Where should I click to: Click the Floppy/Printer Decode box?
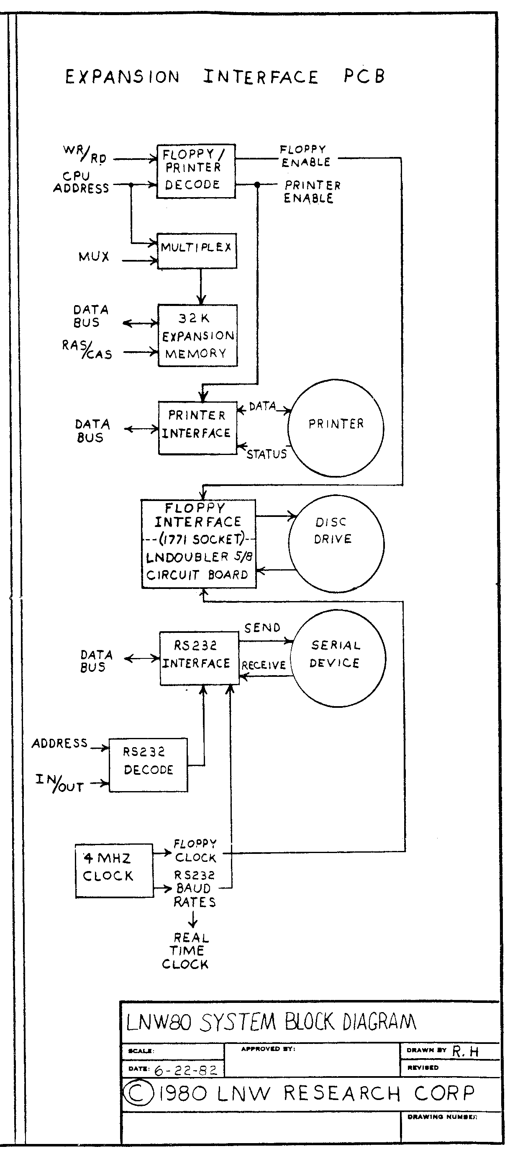pyautogui.click(x=196, y=171)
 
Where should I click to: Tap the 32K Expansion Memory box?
pyautogui.click(x=197, y=336)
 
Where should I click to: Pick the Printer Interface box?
pyautogui.click(x=197, y=427)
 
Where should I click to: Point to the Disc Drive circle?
pyautogui.click(x=336, y=543)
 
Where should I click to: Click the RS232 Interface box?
pyautogui.click(x=199, y=658)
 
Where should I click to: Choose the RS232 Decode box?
pyautogui.click(x=148, y=765)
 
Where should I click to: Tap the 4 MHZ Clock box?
pyautogui.click(x=114, y=871)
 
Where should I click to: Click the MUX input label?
pyautogui.click(x=94, y=257)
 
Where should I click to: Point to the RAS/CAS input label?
pyautogui.click(x=87, y=350)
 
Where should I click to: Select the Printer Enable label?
pyautogui.click(x=312, y=192)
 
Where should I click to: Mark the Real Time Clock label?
pyautogui.click(x=188, y=951)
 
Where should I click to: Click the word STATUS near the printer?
pyautogui.click(x=267, y=454)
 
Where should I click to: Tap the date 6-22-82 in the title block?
pyautogui.click(x=186, y=1071)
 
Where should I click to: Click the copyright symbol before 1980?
pyautogui.click(x=138, y=1093)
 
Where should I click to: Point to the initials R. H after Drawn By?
pyautogui.click(x=465, y=1051)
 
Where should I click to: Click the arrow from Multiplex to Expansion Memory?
pyautogui.click(x=201, y=287)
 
